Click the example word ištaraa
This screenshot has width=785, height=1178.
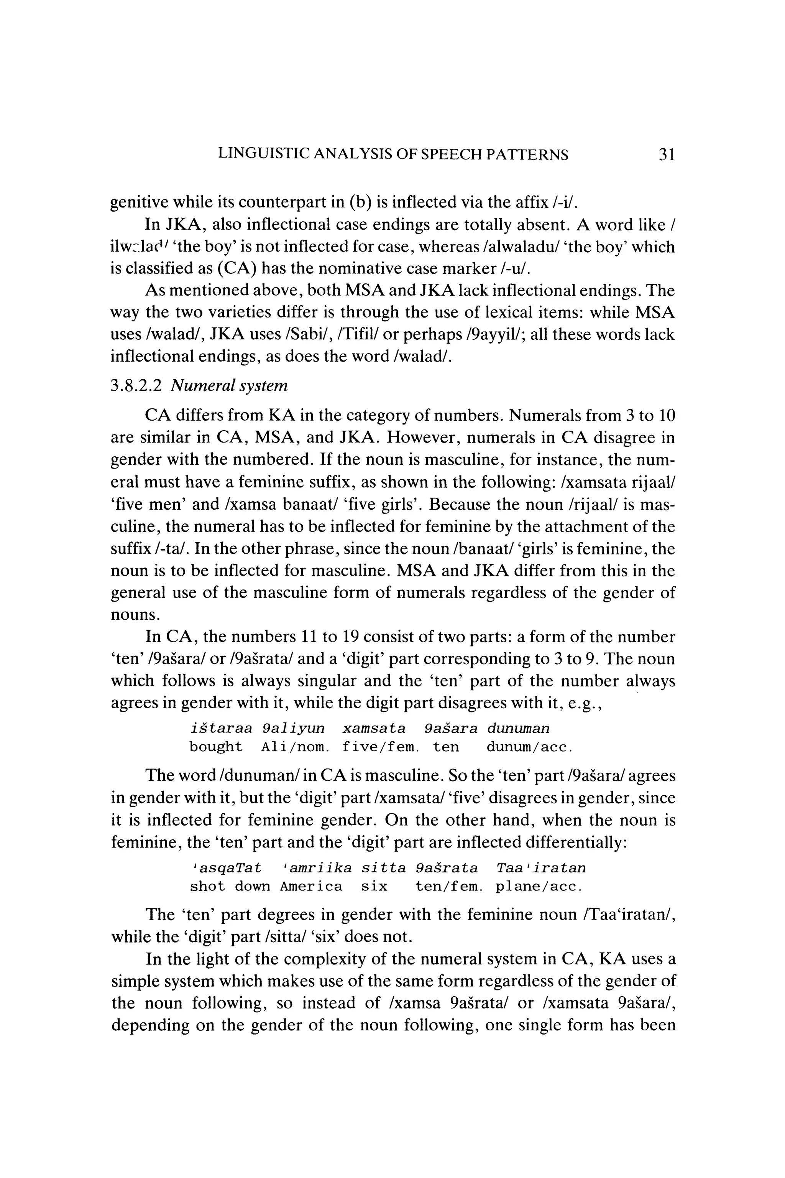coord(220,728)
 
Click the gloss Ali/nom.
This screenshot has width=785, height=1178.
coord(295,747)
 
